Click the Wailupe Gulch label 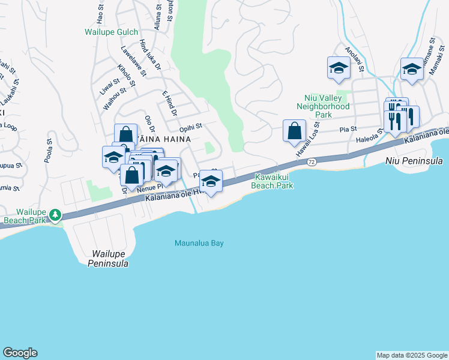tap(111, 32)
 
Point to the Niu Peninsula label tap(414, 161)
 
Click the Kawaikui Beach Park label tap(273, 181)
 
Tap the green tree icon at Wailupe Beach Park tap(55, 214)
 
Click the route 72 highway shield tap(311, 162)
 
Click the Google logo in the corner tap(20, 353)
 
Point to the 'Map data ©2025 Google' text tap(411, 355)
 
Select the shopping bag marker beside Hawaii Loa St tap(294, 131)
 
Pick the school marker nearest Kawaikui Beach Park tap(211, 181)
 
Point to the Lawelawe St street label tap(133, 60)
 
